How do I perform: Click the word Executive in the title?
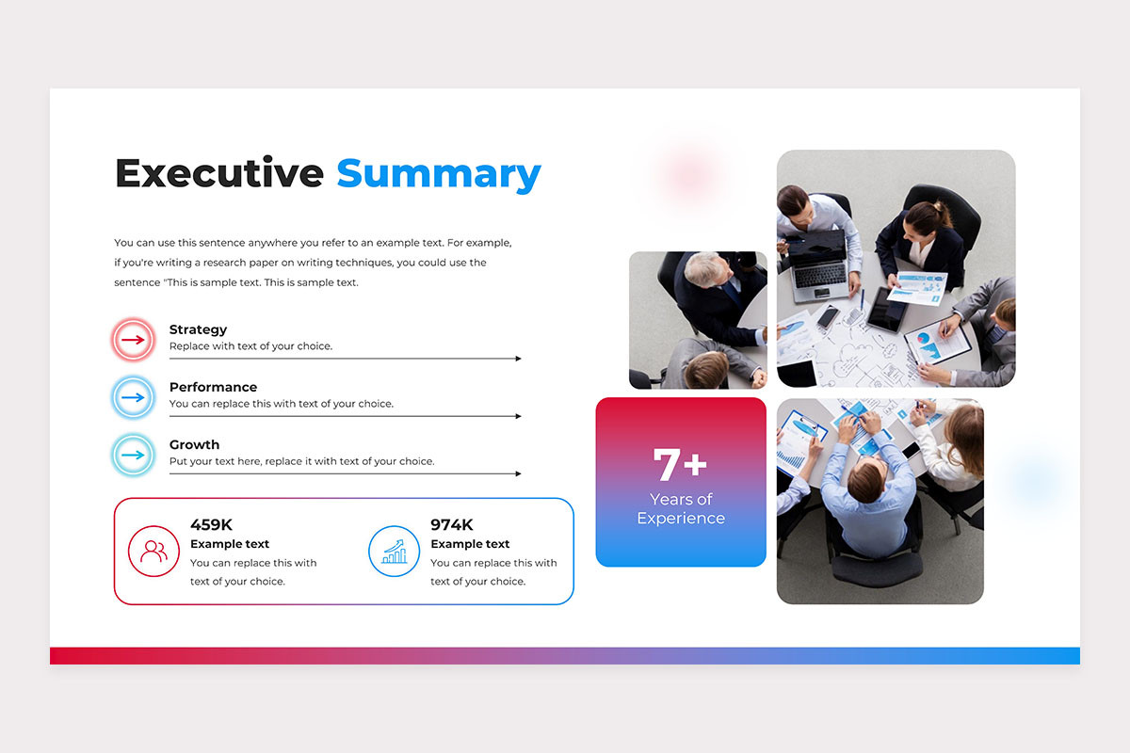(218, 172)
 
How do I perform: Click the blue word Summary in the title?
(439, 175)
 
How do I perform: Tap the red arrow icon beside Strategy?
(133, 340)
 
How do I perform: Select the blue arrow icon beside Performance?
(133, 397)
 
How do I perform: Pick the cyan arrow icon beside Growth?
(133, 455)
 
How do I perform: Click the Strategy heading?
(198, 329)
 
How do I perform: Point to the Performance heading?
(213, 387)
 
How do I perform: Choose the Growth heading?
(194, 444)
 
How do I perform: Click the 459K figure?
(211, 524)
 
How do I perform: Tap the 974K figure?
(451, 524)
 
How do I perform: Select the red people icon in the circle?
(153, 552)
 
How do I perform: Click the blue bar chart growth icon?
(394, 552)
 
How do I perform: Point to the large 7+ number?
(680, 464)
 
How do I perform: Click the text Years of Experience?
(681, 508)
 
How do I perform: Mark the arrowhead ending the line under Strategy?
(518, 359)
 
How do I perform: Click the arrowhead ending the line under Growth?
(518, 473)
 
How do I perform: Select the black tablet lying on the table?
(888, 310)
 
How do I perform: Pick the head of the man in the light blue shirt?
(866, 482)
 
